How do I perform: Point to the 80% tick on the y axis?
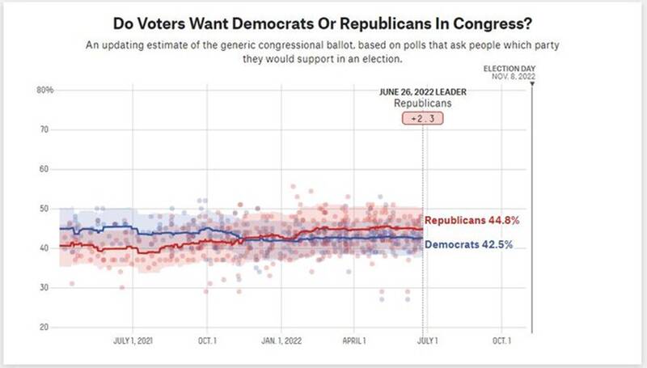point(45,90)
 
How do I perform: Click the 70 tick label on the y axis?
point(45,129)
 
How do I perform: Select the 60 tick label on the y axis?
point(45,169)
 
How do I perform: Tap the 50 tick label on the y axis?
point(45,209)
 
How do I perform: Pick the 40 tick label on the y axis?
point(45,248)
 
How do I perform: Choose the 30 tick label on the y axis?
point(45,288)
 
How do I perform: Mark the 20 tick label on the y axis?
point(45,328)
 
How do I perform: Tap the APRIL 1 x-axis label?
point(354,341)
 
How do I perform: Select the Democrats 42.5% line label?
point(470,240)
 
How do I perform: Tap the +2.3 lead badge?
point(422,119)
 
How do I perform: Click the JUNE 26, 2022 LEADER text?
point(422,92)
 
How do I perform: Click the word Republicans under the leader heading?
point(422,104)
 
